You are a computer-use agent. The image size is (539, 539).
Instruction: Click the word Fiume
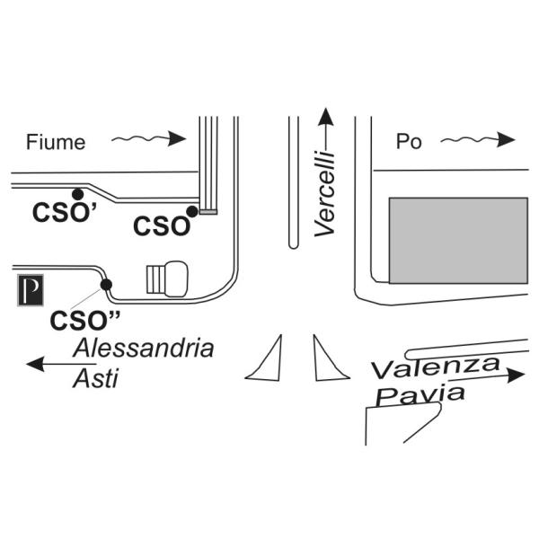[56, 142]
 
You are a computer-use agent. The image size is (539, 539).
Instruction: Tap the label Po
[409, 141]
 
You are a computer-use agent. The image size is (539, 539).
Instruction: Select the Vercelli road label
[325, 193]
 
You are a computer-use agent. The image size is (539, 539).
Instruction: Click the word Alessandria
[144, 348]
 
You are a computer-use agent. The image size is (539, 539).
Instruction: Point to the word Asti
[95, 378]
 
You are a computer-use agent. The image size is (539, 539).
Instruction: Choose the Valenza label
[436, 367]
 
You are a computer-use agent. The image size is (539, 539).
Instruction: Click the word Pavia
[420, 394]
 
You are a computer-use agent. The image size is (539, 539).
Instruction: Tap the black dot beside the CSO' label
[78, 194]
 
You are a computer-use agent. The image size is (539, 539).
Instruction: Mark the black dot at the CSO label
[192, 211]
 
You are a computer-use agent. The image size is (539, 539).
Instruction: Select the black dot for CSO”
[106, 285]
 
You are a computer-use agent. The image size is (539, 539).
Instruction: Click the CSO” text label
[85, 321]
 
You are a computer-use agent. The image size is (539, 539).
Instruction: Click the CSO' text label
[65, 212]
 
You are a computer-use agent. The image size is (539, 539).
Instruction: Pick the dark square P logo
[31, 290]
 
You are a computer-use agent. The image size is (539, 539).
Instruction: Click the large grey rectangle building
[458, 240]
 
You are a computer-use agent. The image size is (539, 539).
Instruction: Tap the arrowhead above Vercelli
[325, 117]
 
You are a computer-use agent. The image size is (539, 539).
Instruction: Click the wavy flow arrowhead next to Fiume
[177, 138]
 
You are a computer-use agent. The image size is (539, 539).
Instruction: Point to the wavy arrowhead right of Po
[507, 139]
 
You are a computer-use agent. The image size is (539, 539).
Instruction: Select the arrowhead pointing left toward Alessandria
[36, 364]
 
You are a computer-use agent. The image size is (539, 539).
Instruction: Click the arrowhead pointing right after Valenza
[516, 375]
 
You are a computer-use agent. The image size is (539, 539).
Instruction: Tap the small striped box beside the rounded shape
[156, 279]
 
